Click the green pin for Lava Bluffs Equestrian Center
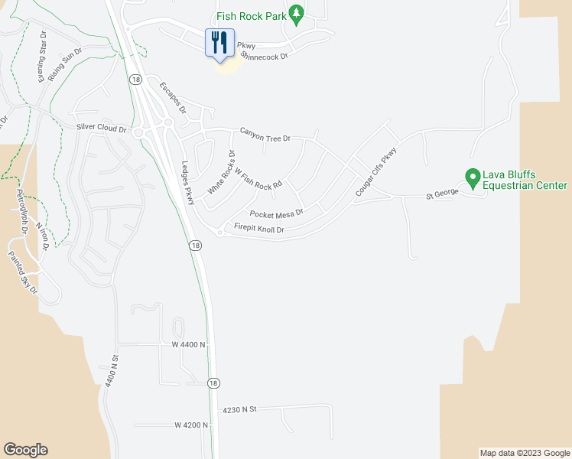[473, 178]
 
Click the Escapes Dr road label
[173, 99]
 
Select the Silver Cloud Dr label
[101, 129]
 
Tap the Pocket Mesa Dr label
[276, 213]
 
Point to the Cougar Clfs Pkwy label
[376, 174]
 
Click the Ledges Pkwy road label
[189, 183]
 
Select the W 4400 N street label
[189, 345]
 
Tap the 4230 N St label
[239, 410]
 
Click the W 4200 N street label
[191, 425]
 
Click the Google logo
[25, 450]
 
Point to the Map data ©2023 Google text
[525, 453]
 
